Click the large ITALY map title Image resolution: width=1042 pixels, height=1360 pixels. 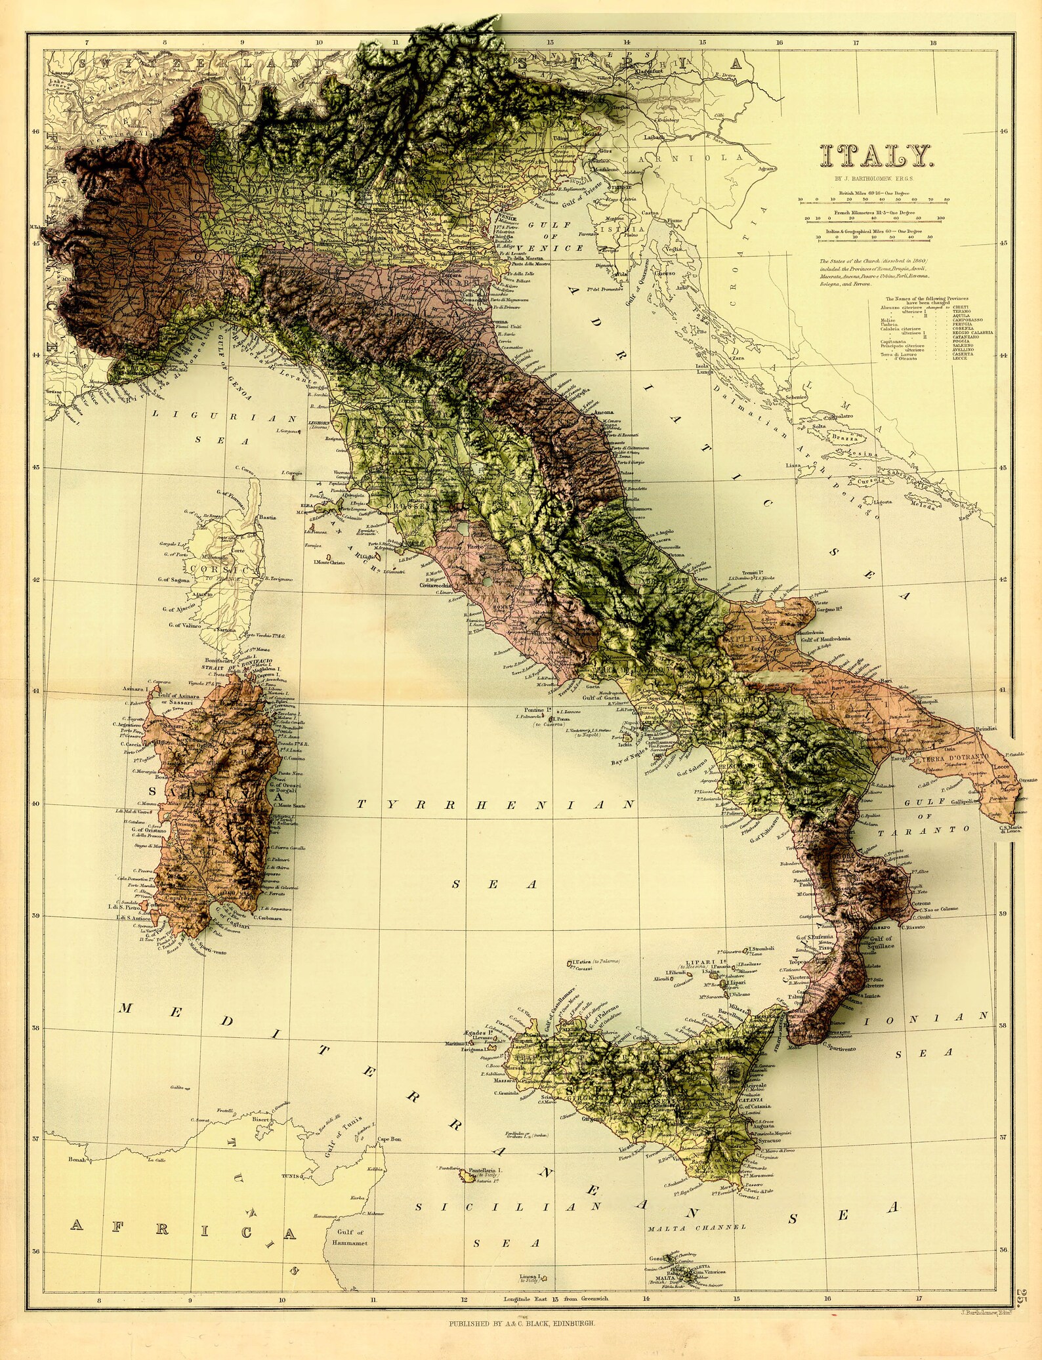click(875, 156)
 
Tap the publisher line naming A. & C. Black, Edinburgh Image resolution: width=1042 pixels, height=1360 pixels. click(522, 1323)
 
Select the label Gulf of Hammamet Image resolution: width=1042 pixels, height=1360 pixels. click(350, 1237)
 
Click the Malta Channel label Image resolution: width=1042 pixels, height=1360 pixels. click(696, 1227)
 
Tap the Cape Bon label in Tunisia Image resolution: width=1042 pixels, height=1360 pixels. click(389, 1139)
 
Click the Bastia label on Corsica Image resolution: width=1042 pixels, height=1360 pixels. click(267, 518)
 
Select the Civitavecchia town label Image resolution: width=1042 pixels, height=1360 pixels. click(437, 585)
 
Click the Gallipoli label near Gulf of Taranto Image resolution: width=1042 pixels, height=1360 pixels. click(963, 802)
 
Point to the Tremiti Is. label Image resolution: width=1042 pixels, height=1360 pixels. click(751, 573)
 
